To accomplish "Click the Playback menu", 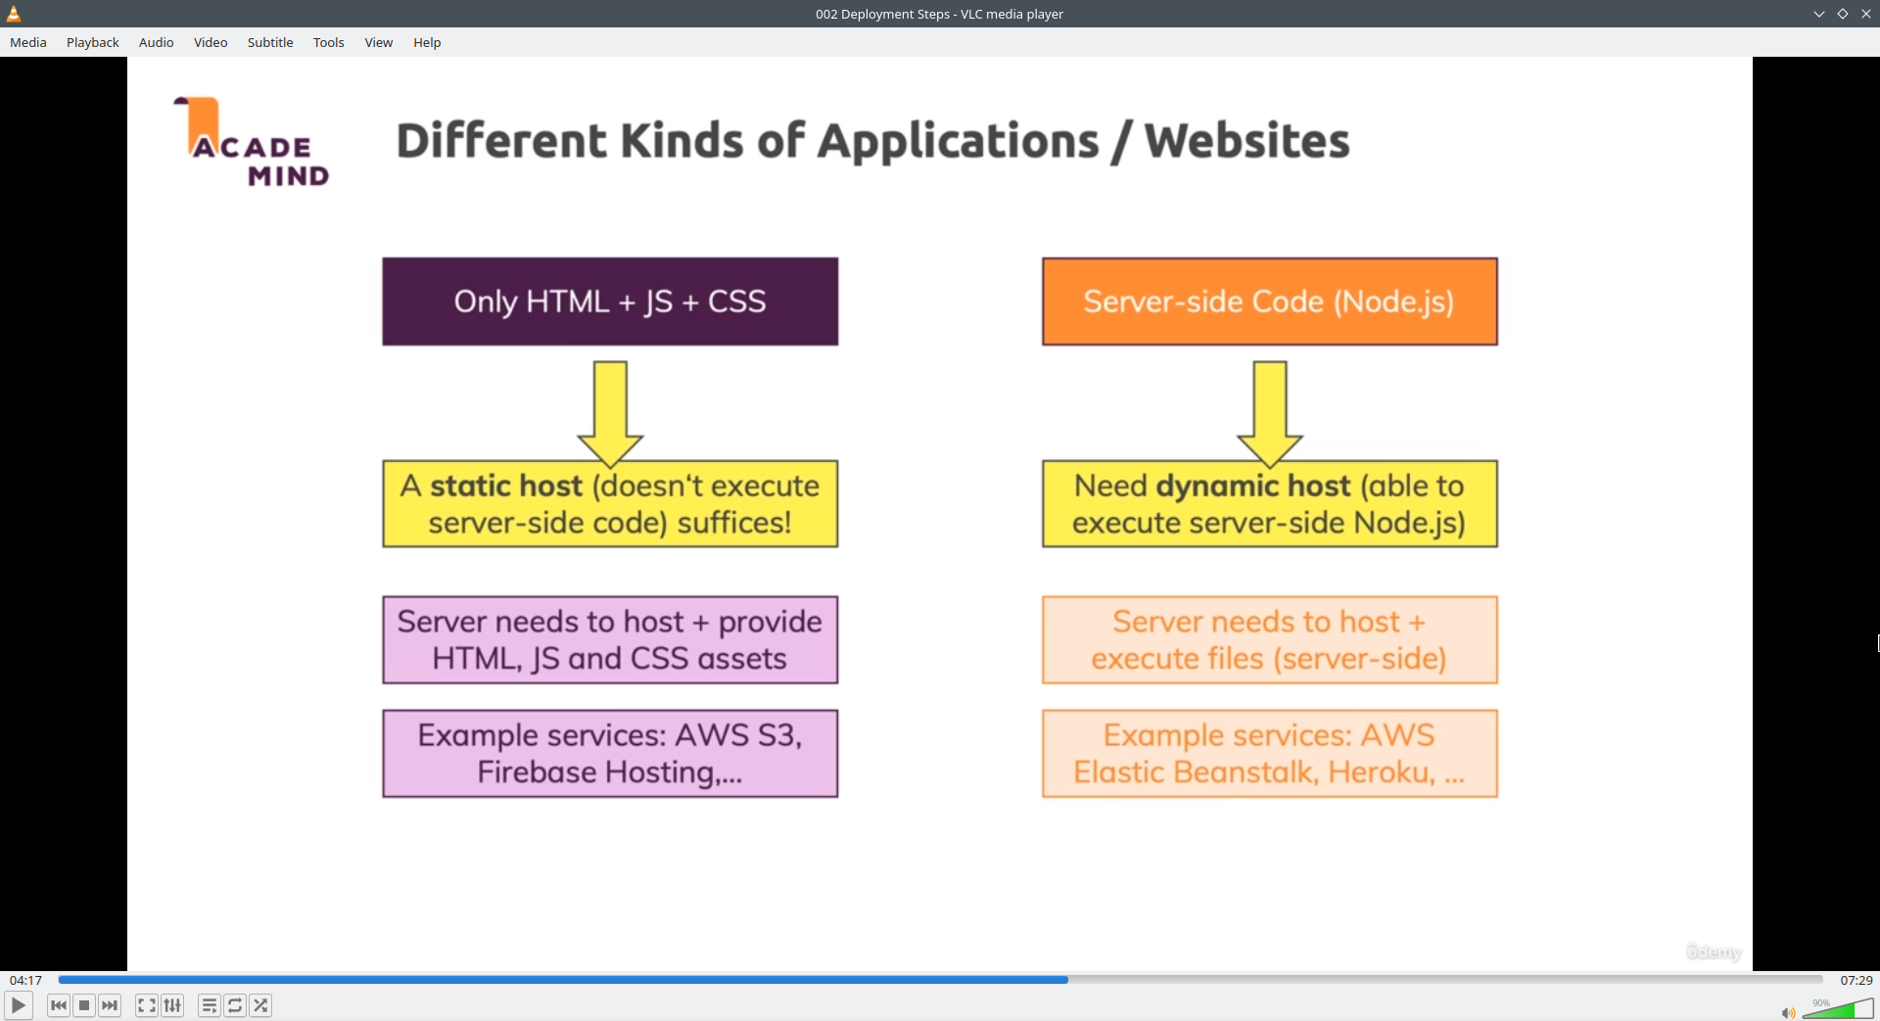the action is (x=92, y=42).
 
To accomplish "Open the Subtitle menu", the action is (x=270, y=42).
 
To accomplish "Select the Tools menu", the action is (x=328, y=42).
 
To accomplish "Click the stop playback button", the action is (x=84, y=1005).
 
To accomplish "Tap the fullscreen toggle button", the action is (x=146, y=1005).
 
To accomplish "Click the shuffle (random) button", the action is (x=260, y=1005).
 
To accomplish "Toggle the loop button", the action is (x=235, y=1005).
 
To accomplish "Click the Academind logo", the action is (x=252, y=142).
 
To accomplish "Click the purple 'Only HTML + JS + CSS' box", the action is (x=610, y=302).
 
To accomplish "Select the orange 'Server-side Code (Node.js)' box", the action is (x=1270, y=302).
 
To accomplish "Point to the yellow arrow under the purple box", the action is (x=610, y=413).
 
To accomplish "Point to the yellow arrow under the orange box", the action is (x=1270, y=413).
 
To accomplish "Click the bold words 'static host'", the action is (x=506, y=486).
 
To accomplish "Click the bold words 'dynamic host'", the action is (x=1253, y=486).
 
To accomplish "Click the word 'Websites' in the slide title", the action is (x=1247, y=141).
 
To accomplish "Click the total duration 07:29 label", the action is (x=1856, y=980).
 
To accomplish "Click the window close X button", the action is (x=1865, y=14).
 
